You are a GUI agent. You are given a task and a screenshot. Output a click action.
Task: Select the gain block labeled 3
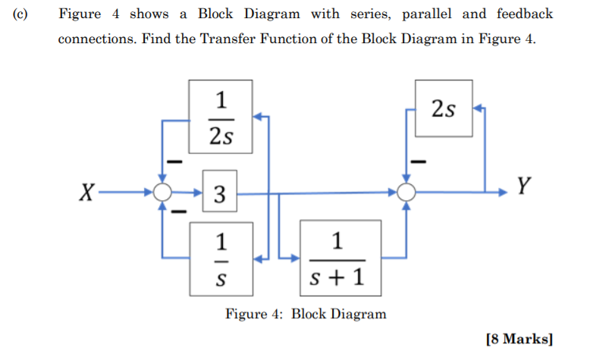click(219, 194)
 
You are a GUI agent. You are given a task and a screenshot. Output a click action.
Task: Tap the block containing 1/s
click(220, 258)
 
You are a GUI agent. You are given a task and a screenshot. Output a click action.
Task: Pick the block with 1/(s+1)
click(340, 258)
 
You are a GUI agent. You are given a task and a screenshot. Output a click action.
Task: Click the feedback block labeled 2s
click(444, 110)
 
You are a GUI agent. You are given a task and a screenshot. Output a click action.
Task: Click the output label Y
click(522, 184)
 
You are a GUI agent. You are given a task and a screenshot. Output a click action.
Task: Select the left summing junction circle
click(162, 193)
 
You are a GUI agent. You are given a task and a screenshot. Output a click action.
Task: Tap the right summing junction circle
click(408, 193)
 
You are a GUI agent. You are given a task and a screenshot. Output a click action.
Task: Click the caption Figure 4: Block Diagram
click(306, 314)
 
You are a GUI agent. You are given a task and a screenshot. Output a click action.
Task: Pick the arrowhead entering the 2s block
click(476, 109)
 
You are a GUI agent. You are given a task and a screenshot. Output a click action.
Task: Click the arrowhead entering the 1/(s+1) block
click(296, 258)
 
